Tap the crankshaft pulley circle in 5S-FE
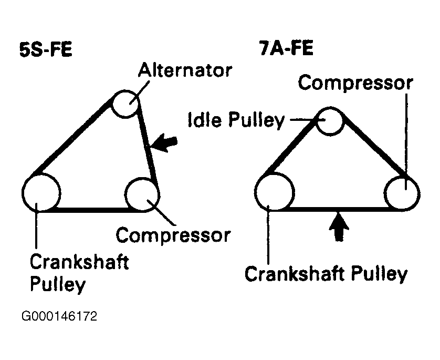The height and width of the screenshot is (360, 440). point(41,192)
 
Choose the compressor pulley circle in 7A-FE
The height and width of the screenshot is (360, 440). point(402,192)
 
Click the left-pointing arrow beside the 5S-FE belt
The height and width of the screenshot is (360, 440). point(165,142)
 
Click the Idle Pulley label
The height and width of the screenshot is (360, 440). point(236,120)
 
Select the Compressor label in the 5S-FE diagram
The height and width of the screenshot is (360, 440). point(173,235)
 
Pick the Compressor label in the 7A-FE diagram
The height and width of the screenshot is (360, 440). point(355,84)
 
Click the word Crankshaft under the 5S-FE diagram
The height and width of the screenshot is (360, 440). point(79,262)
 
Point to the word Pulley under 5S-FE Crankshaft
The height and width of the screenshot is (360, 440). point(57,284)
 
